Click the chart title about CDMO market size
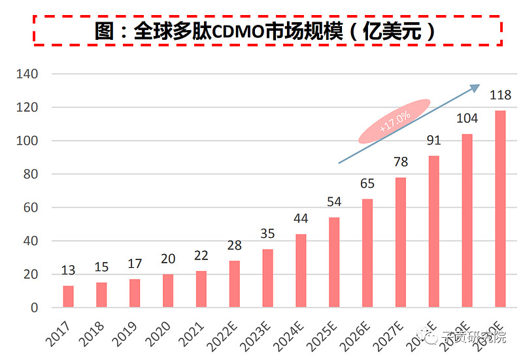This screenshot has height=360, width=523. (267, 31)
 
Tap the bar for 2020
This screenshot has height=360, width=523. (168, 291)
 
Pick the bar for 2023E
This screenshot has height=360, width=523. (267, 278)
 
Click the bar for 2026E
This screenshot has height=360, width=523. (367, 254)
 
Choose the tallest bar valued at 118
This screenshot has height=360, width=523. (500, 209)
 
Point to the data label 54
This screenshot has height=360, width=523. (334, 202)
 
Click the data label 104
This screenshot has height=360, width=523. (467, 118)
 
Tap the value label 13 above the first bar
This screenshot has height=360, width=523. (68, 270)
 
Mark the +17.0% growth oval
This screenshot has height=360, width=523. (394, 121)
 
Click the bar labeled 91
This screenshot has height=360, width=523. (433, 232)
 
